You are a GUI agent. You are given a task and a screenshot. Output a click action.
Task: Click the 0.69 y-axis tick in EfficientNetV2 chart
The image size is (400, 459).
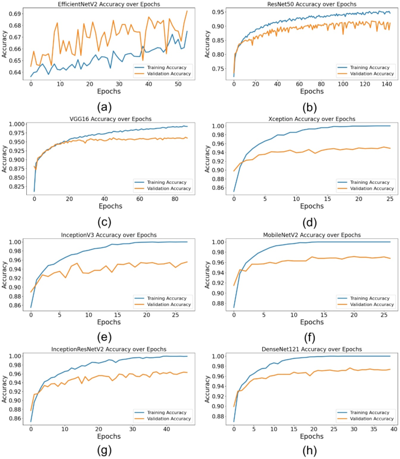click(x=15, y=13)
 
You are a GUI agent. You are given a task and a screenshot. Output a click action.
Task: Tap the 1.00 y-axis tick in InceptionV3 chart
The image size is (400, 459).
click(x=15, y=242)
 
